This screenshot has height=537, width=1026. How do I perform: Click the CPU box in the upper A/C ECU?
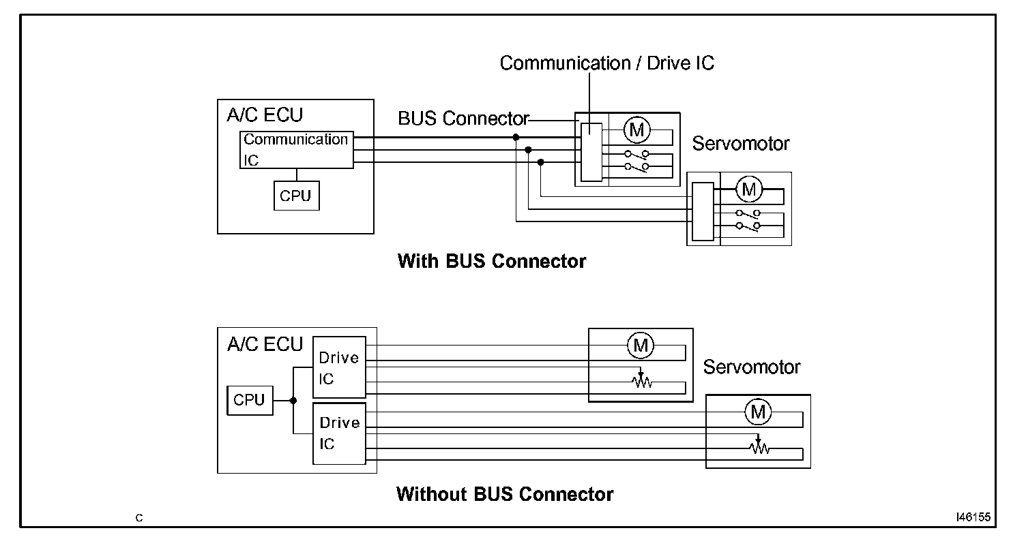[x=296, y=196]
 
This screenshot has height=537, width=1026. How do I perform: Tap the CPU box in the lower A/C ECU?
[x=249, y=400]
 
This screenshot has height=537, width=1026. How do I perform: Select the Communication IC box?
[x=297, y=150]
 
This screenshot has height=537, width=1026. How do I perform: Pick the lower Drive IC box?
[x=339, y=433]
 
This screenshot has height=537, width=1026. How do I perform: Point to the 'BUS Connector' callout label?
[x=463, y=119]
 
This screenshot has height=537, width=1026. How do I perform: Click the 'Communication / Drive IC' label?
[x=606, y=63]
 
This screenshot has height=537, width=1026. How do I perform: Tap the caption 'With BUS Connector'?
[x=491, y=261]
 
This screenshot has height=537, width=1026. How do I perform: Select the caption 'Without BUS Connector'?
[x=504, y=494]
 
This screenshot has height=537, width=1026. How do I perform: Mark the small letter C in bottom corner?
[x=139, y=518]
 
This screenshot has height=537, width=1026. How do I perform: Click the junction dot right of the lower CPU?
[x=293, y=401]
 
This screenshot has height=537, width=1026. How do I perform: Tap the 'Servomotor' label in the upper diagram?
[x=740, y=144]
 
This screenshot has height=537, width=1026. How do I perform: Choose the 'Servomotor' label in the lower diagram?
[x=751, y=367]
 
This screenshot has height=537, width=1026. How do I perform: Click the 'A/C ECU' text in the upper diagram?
[x=264, y=115]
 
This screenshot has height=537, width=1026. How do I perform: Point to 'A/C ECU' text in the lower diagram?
[x=264, y=344]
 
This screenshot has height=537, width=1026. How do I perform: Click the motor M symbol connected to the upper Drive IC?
[x=641, y=346]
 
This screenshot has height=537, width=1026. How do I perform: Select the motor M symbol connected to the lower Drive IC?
[x=757, y=411]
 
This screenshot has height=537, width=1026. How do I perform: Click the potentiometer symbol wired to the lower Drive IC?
[x=758, y=446]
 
